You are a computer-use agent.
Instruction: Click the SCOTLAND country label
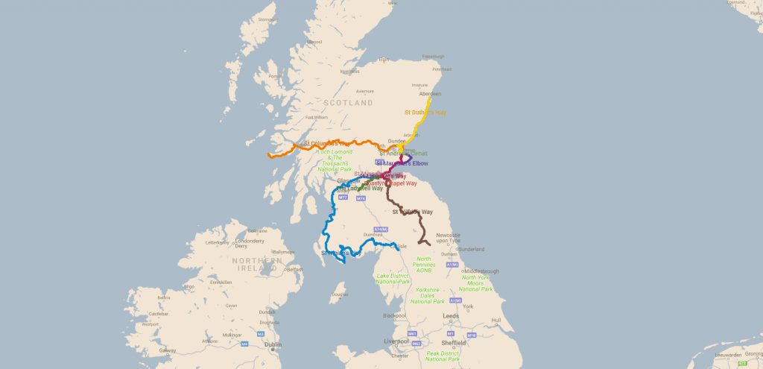(348, 103)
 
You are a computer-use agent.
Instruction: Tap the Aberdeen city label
(430, 94)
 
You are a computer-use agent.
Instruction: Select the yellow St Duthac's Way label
(425, 113)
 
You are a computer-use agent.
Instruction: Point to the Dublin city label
(273, 344)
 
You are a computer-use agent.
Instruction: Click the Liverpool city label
(396, 341)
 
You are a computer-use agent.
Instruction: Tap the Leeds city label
(450, 315)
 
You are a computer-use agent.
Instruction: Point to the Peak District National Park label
(443, 356)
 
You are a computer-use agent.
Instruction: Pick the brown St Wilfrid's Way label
(412, 212)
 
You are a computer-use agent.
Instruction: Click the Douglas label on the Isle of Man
(339, 294)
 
